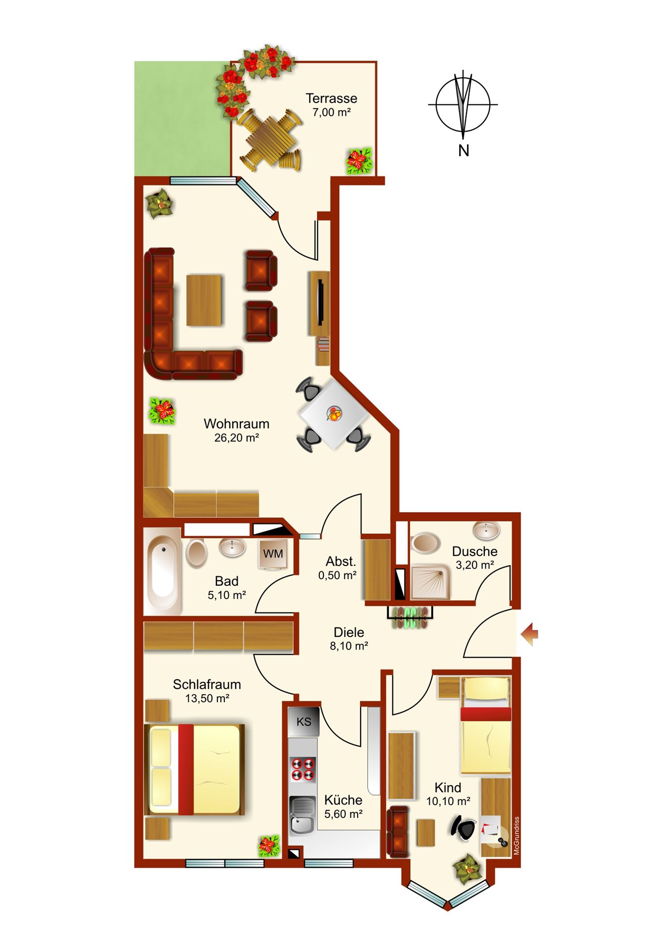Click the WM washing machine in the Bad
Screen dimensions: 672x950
pyautogui.click(x=273, y=554)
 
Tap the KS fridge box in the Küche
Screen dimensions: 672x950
pyautogui.click(x=304, y=721)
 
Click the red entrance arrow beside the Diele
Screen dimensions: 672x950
pyautogui.click(x=530, y=634)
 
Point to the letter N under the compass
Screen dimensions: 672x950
pyautogui.click(x=464, y=150)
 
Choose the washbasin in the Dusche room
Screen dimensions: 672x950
pyautogui.click(x=486, y=530)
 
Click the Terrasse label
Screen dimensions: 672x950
pyautogui.click(x=331, y=98)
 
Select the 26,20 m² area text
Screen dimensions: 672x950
pyautogui.click(x=237, y=438)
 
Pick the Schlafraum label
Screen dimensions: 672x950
pyautogui.click(x=207, y=684)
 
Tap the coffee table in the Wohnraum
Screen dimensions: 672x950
pyautogui.click(x=204, y=300)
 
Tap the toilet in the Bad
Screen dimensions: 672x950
pyautogui.click(x=196, y=553)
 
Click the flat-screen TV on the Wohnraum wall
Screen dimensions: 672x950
pyautogui.click(x=321, y=302)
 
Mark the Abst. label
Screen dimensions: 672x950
pyautogui.click(x=341, y=562)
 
